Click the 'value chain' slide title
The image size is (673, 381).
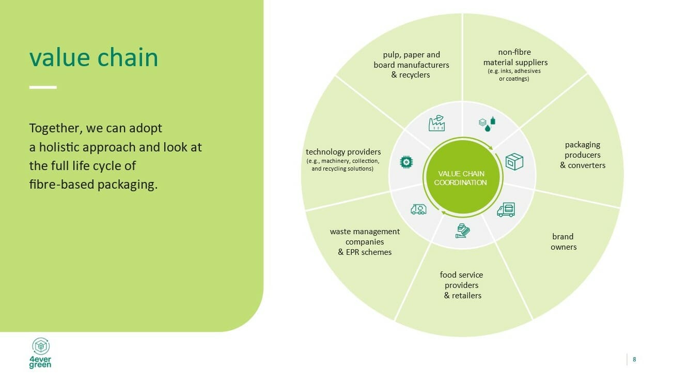(93, 57)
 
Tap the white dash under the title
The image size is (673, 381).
(43, 87)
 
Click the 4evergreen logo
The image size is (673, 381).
(41, 353)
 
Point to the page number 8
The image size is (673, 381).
(634, 359)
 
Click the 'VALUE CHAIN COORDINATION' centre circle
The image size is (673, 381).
(463, 178)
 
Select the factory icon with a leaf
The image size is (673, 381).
(436, 123)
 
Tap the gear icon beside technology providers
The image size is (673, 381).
(406, 162)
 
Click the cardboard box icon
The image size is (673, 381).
(514, 161)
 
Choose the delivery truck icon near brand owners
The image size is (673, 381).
(506, 209)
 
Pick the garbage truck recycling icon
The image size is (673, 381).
(418, 209)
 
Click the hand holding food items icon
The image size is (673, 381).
(462, 231)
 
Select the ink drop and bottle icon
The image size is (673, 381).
(487, 124)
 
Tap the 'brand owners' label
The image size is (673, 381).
(564, 242)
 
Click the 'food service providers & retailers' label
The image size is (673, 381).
(462, 285)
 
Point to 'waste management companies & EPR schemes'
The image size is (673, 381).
(365, 242)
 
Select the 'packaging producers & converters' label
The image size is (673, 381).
(583, 155)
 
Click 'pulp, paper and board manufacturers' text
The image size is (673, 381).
(411, 60)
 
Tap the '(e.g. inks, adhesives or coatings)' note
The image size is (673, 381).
(514, 75)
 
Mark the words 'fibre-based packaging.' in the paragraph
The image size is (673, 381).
(93, 185)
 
